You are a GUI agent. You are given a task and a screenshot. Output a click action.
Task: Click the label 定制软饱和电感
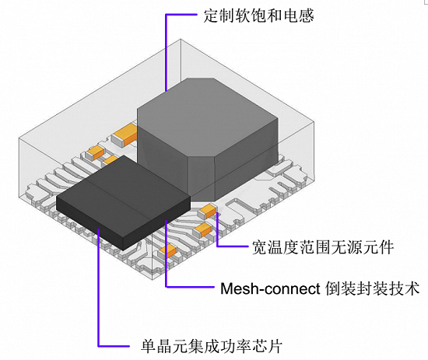click(x=258, y=16)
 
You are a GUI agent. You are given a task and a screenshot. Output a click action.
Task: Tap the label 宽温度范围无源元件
click(x=323, y=247)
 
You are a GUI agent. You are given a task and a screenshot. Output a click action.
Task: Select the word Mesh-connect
click(x=270, y=288)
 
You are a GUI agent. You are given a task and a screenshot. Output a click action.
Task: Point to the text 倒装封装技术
click(x=372, y=288)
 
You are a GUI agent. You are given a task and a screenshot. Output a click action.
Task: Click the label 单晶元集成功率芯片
click(x=212, y=346)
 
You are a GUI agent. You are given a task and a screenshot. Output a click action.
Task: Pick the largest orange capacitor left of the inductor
click(x=125, y=135)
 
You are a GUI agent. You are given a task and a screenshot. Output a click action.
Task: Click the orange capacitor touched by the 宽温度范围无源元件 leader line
click(x=208, y=211)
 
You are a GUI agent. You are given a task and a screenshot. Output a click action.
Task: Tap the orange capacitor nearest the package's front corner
click(x=167, y=251)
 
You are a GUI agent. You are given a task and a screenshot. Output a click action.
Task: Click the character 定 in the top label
click(x=211, y=16)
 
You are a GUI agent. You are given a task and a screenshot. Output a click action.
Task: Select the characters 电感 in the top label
click(x=299, y=16)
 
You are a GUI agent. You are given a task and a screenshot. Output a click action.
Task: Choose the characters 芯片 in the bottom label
click(x=267, y=346)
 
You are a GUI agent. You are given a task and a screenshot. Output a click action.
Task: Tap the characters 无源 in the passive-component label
click(x=339, y=247)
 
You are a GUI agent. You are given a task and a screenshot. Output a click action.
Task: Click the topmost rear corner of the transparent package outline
click(x=181, y=40)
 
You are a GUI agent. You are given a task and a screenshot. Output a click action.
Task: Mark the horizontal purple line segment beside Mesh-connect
click(x=190, y=287)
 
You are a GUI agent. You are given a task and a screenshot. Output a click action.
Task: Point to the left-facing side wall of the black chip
click(x=89, y=222)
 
